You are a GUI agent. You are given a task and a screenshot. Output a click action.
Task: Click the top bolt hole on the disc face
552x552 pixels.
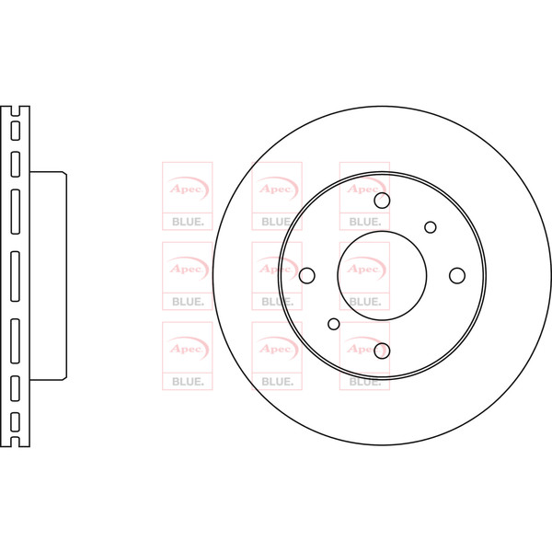coord(382,201)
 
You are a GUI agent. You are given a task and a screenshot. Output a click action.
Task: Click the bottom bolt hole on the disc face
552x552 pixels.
coord(382,351)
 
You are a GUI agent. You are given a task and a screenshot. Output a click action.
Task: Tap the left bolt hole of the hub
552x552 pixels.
coord(307,276)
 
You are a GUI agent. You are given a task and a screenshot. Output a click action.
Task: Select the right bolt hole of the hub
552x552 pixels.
coord(457,276)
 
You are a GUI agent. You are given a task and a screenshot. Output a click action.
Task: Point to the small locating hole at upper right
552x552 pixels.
coord(431,227)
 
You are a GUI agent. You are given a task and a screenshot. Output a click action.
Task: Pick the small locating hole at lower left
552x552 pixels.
coord(334,324)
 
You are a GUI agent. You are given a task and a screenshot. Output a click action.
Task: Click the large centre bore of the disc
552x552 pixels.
coord(382,276)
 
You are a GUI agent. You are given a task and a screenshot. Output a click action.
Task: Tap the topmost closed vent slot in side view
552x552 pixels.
coord(16,131)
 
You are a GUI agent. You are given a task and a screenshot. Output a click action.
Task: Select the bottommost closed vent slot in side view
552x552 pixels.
coord(16,421)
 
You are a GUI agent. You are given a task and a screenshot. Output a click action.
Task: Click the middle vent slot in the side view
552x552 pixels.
coord(16,276)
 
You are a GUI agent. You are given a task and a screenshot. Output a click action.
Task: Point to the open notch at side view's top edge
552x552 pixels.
coord(16,111)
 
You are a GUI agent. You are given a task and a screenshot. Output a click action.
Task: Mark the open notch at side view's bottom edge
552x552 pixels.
coord(16,443)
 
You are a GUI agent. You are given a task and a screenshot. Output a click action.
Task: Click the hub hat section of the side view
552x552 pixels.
coord(48,276)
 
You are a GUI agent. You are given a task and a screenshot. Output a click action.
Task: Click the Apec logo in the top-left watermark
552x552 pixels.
coord(188,189)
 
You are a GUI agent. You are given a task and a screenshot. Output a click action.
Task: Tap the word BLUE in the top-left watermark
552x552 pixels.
coord(188,222)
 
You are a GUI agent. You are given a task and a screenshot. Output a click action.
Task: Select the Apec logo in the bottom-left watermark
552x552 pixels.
coord(188,349)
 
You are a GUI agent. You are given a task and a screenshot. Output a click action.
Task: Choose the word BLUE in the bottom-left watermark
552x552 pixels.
coord(188,382)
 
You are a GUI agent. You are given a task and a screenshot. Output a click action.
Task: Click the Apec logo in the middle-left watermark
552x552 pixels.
coord(188,269)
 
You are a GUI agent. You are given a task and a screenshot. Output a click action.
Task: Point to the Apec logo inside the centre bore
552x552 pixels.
coord(364,269)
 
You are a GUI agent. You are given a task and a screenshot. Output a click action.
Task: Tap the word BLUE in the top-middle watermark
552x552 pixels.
coord(276,222)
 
